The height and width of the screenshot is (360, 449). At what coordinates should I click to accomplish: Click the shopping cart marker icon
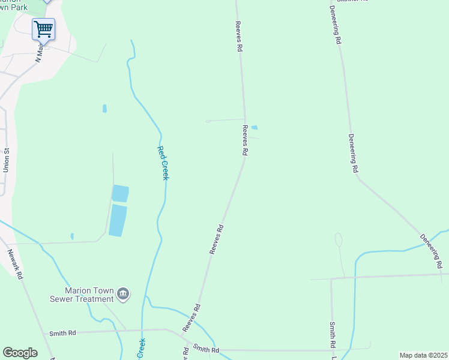43,28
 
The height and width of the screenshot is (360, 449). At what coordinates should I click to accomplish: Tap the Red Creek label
163,163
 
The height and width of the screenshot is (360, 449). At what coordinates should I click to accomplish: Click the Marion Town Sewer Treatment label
85,294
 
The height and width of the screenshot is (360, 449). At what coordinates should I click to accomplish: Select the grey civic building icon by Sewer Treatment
123,293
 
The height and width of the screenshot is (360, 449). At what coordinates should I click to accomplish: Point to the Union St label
7,161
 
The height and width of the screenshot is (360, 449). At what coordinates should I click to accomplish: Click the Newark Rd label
15,265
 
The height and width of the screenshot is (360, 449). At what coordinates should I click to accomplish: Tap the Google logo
20,353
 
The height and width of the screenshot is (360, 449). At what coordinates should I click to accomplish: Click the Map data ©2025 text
423,355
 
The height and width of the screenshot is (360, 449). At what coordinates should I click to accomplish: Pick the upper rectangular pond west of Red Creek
120,193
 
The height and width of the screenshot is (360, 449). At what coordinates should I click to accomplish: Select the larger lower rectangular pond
118,220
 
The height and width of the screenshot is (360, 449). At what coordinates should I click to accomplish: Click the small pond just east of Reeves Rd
254,127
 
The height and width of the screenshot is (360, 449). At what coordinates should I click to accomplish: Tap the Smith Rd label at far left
63,332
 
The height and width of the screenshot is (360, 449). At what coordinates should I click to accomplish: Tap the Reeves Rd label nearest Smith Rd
191,318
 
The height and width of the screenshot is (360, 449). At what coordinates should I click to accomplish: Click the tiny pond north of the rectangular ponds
104,109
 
